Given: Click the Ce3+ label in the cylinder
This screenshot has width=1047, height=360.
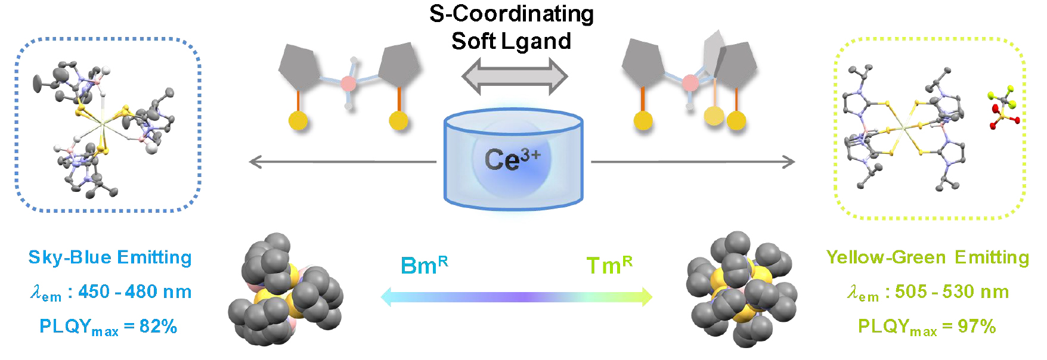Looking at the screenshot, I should point(512,160).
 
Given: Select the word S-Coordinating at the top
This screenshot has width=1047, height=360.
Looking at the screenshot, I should point(512,14).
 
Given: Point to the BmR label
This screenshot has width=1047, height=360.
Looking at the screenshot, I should point(424,265).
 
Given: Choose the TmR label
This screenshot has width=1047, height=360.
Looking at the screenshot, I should point(609,265).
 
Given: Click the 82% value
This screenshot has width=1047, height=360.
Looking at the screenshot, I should point(158,327).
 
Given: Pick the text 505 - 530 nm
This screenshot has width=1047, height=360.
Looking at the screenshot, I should point(952,291).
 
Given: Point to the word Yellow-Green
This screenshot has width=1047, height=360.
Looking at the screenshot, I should point(885,257).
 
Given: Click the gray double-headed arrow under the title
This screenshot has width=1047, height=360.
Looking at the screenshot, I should point(515,77).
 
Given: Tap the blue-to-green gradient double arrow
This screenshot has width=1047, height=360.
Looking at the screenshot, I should point(516,296).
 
